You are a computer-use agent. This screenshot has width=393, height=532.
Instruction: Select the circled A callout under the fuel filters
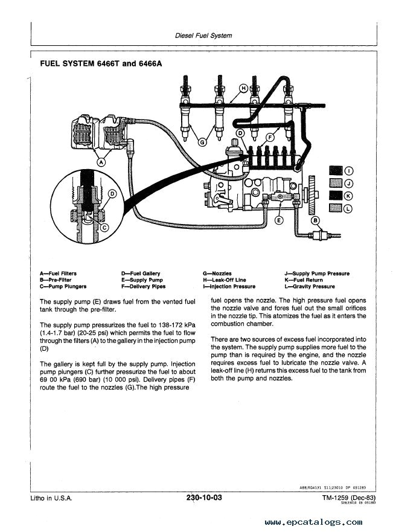(x=101, y=161)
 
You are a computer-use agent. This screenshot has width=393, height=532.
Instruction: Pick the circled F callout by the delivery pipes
(x=271, y=138)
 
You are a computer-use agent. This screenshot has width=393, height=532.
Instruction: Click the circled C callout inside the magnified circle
(x=103, y=228)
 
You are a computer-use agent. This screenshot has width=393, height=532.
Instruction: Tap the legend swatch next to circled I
(x=335, y=170)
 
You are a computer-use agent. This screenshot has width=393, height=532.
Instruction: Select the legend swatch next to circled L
(x=335, y=208)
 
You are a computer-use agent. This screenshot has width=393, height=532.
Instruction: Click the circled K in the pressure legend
(x=348, y=195)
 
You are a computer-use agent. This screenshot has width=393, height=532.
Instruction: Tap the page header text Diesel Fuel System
(x=203, y=36)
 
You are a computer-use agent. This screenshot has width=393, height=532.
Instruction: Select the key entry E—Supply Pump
(x=142, y=280)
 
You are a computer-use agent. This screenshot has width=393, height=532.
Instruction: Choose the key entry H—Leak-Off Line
(x=225, y=280)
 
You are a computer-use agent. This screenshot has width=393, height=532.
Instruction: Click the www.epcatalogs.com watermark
(x=313, y=522)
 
